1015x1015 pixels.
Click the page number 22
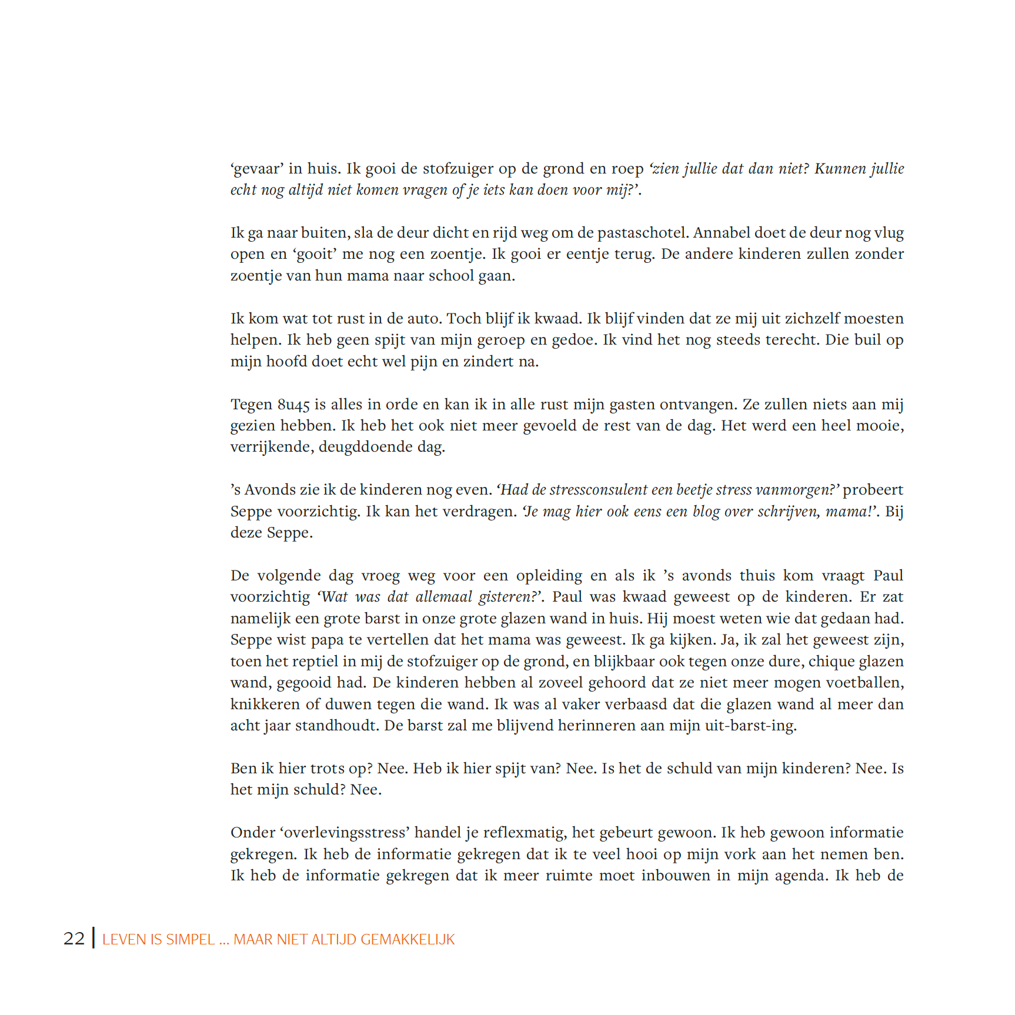pyautogui.click(x=74, y=939)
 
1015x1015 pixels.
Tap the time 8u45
pyautogui.click(x=293, y=405)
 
